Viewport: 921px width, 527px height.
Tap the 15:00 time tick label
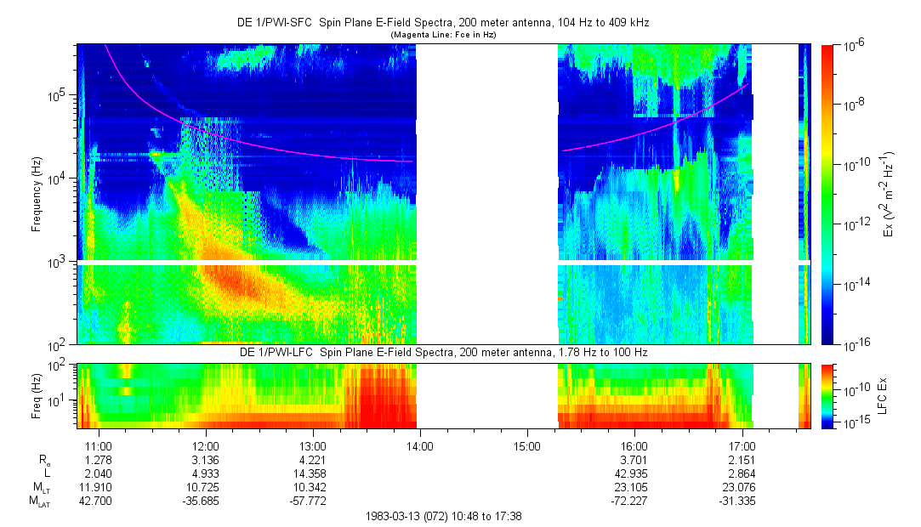(x=527, y=445)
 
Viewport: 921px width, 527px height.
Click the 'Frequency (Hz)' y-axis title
(x=37, y=195)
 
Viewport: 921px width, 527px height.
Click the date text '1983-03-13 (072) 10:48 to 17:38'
(x=443, y=515)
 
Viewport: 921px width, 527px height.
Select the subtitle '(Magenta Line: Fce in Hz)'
(x=443, y=35)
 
